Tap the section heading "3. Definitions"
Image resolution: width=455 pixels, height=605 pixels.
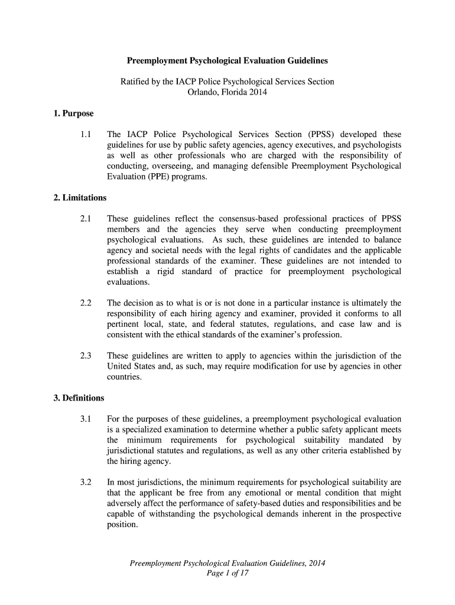point(79,398)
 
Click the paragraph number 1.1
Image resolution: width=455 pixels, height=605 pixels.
point(86,135)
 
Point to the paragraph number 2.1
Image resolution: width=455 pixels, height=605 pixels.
point(86,219)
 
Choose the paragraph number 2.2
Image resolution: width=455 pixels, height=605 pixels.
point(86,303)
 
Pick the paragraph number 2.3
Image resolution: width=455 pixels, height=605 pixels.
point(86,356)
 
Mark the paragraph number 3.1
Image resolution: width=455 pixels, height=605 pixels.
point(86,419)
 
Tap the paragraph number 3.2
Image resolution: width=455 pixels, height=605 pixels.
point(86,482)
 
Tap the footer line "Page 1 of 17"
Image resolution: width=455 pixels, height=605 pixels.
point(227,574)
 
